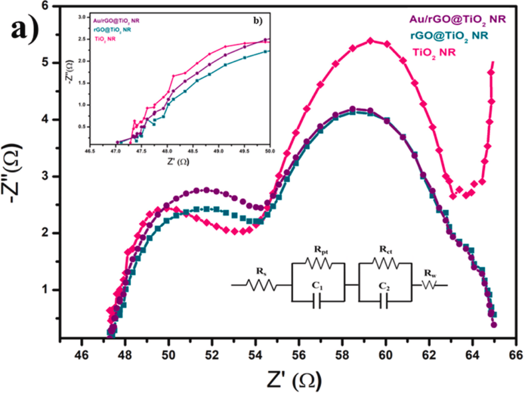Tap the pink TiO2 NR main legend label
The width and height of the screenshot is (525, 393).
pos(434,51)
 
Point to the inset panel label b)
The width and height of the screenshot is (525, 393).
pos(256,21)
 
